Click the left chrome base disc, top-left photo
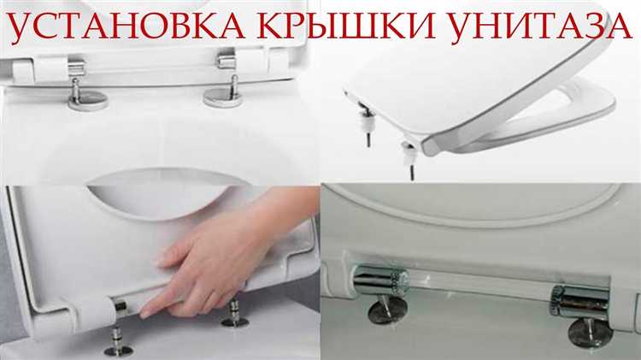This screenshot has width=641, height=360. click(88, 100)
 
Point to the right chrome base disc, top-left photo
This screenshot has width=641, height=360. click(223, 98)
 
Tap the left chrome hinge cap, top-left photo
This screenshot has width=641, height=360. click(76, 68)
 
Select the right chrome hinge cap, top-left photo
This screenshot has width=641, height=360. click(226, 61)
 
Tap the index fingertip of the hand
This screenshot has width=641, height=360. click(144, 314)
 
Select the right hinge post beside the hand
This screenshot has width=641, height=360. click(235, 313)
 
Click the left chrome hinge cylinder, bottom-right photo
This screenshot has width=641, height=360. click(381, 280)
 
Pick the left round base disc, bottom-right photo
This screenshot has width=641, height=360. click(387, 310)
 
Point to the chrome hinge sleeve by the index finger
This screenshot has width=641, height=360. click(121, 309)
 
